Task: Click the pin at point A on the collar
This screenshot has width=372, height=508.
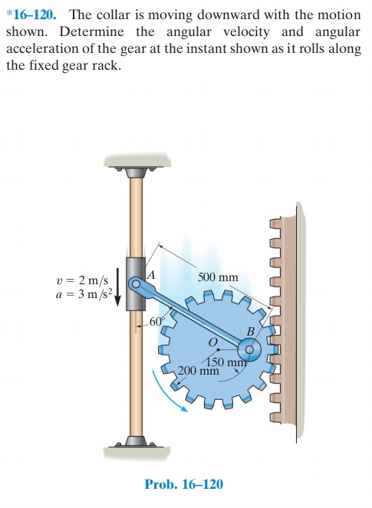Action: tap(136, 284)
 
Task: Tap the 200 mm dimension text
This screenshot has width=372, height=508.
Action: tap(199, 372)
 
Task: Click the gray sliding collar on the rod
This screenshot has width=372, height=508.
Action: tap(135, 284)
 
